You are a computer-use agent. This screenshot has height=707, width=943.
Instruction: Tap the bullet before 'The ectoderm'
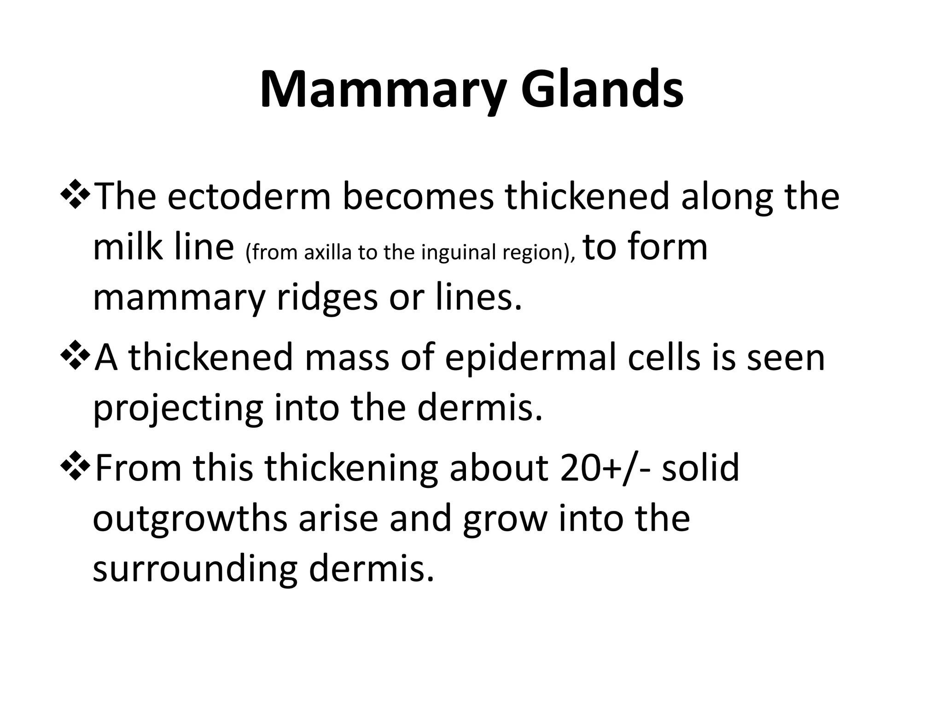point(75,195)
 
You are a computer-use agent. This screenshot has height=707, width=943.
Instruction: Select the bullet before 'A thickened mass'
point(75,357)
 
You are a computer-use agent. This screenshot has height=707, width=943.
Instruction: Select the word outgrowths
point(190,519)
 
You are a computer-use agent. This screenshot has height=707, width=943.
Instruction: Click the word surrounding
point(195,570)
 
